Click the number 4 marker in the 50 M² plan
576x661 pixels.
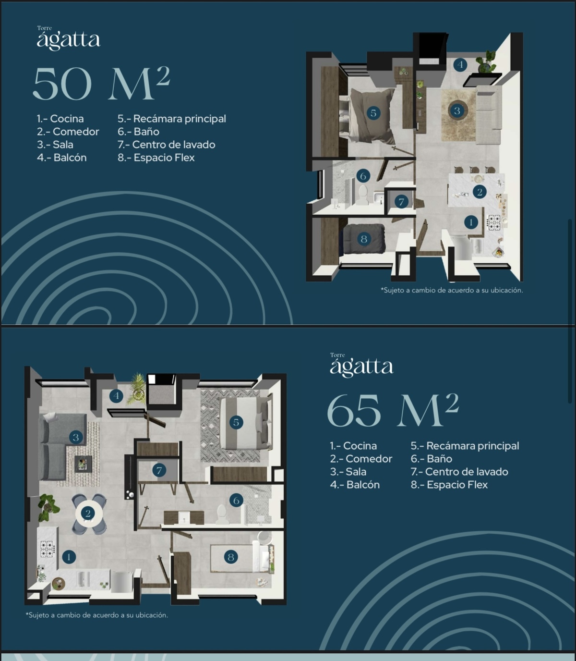(460, 65)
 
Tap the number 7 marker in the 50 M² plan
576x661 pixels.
(401, 202)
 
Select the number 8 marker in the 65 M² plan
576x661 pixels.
(231, 557)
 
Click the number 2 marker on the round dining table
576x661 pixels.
(88, 513)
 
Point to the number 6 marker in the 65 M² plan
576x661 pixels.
(236, 501)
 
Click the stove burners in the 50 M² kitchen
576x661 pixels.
(494, 222)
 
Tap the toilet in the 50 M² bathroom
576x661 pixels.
(363, 194)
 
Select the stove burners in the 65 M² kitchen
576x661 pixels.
(47, 549)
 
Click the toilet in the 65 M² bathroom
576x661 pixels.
(222, 514)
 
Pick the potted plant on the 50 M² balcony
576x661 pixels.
(486, 61)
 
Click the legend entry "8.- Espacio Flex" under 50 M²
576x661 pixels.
(156, 158)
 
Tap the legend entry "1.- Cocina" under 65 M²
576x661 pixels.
(353, 446)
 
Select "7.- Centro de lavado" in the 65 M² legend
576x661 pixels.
(459, 472)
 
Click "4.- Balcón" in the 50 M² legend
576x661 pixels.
(61, 158)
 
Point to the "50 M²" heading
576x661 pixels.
(101, 84)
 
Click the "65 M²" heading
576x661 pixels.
(393, 410)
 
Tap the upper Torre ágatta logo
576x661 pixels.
(69, 38)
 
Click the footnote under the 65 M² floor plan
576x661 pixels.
(97, 615)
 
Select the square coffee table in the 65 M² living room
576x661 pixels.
(83, 464)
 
